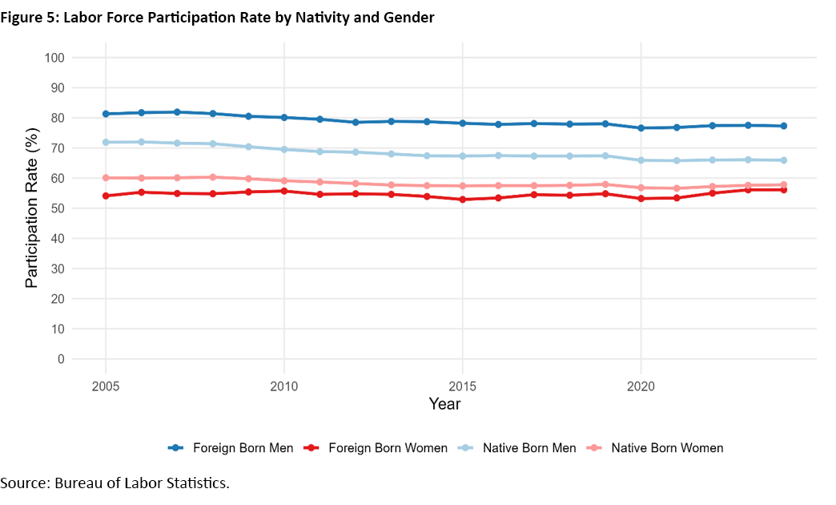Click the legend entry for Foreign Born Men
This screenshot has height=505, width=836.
[x=232, y=448]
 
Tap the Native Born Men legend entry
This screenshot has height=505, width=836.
[x=517, y=448]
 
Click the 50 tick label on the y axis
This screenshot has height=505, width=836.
[x=56, y=208]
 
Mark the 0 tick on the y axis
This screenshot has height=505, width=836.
[x=60, y=359]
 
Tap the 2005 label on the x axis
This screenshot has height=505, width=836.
[x=106, y=386]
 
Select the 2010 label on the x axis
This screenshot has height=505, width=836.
[x=283, y=386]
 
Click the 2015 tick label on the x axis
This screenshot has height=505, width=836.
[x=462, y=386]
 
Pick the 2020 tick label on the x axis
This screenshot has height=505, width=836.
[x=641, y=386]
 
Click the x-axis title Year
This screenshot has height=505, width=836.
[x=444, y=404]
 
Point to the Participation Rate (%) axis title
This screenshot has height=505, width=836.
[x=31, y=208]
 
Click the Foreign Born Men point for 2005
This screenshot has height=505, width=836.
[x=106, y=114]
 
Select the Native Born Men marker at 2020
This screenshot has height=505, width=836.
[x=641, y=160]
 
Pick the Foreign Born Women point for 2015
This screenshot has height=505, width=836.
[x=462, y=200]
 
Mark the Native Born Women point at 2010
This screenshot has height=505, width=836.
[x=283, y=180]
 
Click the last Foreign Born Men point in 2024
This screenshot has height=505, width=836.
[x=783, y=126]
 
